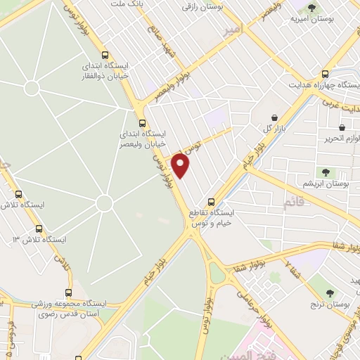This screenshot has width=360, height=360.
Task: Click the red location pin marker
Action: (x=181, y=166)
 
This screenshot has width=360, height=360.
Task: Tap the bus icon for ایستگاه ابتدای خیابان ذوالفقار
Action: (x=105, y=56)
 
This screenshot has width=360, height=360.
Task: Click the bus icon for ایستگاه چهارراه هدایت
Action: (x=325, y=73)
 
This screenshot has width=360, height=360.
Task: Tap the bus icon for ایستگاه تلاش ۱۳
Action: (x=38, y=229)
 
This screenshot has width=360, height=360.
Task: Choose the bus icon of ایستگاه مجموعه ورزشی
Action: (x=68, y=292)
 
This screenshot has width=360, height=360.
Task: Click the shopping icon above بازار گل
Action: (x=274, y=117)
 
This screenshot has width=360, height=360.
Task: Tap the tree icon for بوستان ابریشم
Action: (x=325, y=172)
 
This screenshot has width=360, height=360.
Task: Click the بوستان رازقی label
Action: (x=202, y=6)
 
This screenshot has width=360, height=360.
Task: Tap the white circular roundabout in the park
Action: (x=104, y=203)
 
